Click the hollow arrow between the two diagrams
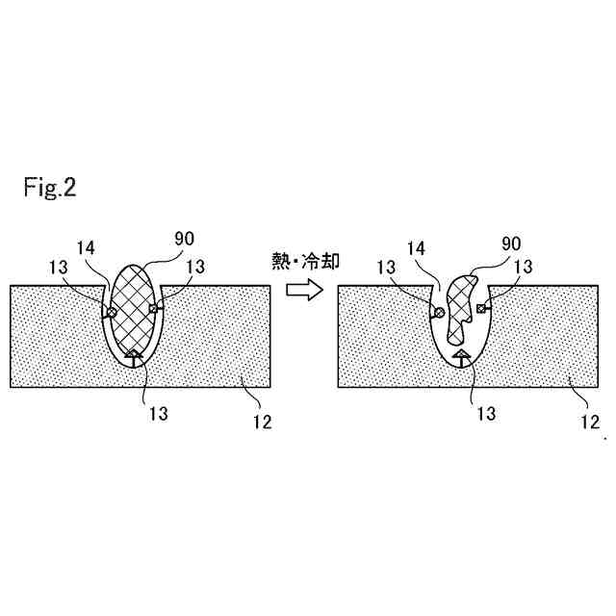pos(305,288)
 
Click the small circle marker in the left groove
pos(111,312)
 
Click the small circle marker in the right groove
pos(438,312)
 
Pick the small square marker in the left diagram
pos(154,309)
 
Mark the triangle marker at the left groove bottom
pos(133,356)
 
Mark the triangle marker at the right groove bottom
pos(461,356)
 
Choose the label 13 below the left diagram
pos(158,414)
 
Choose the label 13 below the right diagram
pos(485,414)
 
